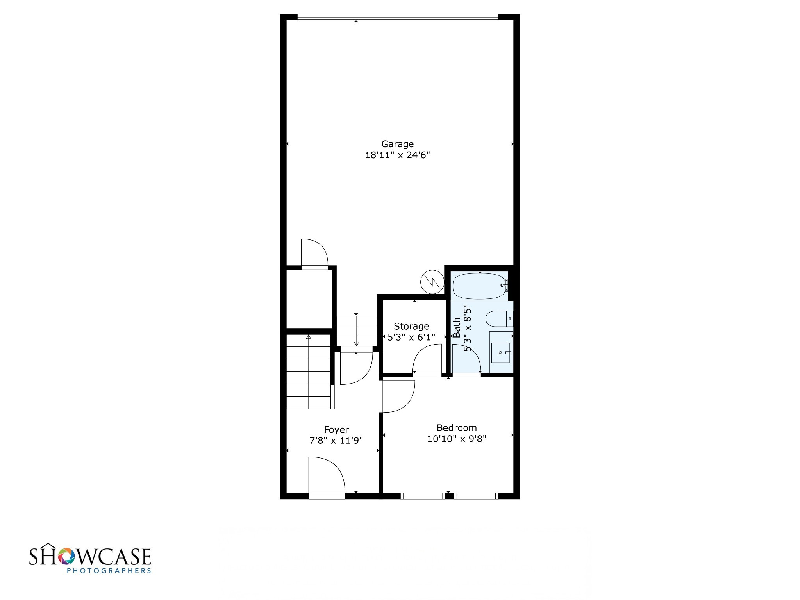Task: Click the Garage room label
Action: click(397, 144)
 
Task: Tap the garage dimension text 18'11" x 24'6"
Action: click(397, 155)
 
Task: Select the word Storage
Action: click(411, 326)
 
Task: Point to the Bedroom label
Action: click(457, 428)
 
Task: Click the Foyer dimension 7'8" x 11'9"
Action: click(336, 441)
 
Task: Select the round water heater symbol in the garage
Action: click(432, 281)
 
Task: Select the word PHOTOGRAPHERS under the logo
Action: click(109, 571)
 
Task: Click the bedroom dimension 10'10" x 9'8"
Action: click(457, 439)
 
